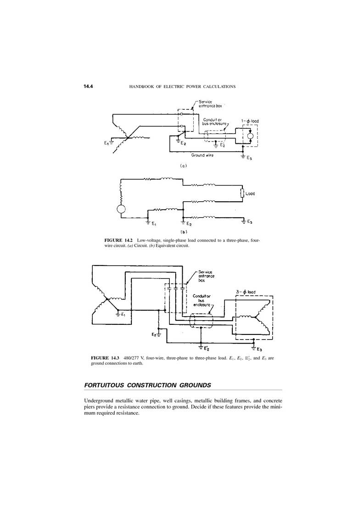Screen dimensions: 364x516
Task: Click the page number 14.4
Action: [x=89, y=86]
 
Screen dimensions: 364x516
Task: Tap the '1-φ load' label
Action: [x=250, y=121]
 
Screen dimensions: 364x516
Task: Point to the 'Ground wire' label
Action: [x=202, y=155]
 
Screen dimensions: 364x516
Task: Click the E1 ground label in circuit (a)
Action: [x=106, y=143]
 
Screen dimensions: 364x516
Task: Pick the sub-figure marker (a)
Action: [x=184, y=166]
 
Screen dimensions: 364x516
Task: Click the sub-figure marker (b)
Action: [x=184, y=232]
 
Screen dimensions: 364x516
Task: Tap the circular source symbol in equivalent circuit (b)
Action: [x=121, y=209]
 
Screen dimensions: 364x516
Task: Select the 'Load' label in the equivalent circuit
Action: [x=250, y=193]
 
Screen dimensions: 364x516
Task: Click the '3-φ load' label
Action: [x=246, y=292]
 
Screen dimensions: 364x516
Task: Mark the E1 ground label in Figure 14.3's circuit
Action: [x=123, y=314]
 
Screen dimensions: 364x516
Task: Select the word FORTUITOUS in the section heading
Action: [x=104, y=385]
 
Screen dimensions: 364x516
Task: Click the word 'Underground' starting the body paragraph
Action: [x=99, y=401]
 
